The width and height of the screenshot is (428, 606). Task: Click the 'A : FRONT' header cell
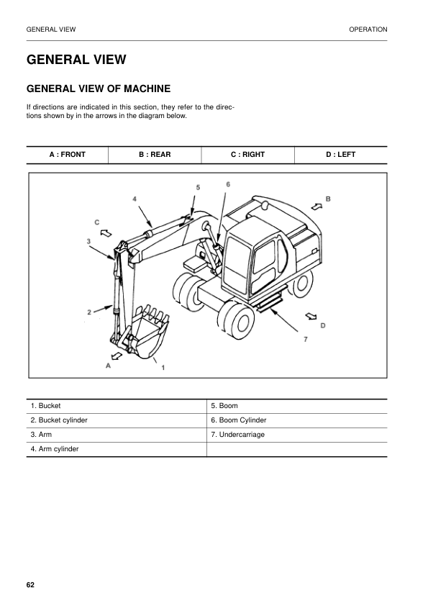click(x=67, y=155)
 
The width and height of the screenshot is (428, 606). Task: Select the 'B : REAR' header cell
click(x=155, y=155)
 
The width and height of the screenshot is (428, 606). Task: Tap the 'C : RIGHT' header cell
click(x=247, y=155)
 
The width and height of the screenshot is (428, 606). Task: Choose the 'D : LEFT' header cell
click(x=340, y=155)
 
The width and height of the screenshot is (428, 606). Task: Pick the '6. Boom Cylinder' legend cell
click(x=296, y=420)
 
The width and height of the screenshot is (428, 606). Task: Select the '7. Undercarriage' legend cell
click(x=296, y=435)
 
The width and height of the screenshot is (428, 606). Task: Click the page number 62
click(x=30, y=584)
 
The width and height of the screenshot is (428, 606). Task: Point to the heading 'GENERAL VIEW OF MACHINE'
click(x=98, y=89)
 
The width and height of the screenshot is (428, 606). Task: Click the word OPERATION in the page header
click(x=368, y=30)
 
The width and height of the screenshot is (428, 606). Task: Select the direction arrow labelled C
click(x=106, y=232)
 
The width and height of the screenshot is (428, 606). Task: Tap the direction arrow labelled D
click(x=311, y=315)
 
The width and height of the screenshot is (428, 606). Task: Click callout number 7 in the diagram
click(x=305, y=339)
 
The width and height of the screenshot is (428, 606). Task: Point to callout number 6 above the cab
click(x=228, y=184)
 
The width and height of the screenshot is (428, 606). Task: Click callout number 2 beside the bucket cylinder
click(x=89, y=312)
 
